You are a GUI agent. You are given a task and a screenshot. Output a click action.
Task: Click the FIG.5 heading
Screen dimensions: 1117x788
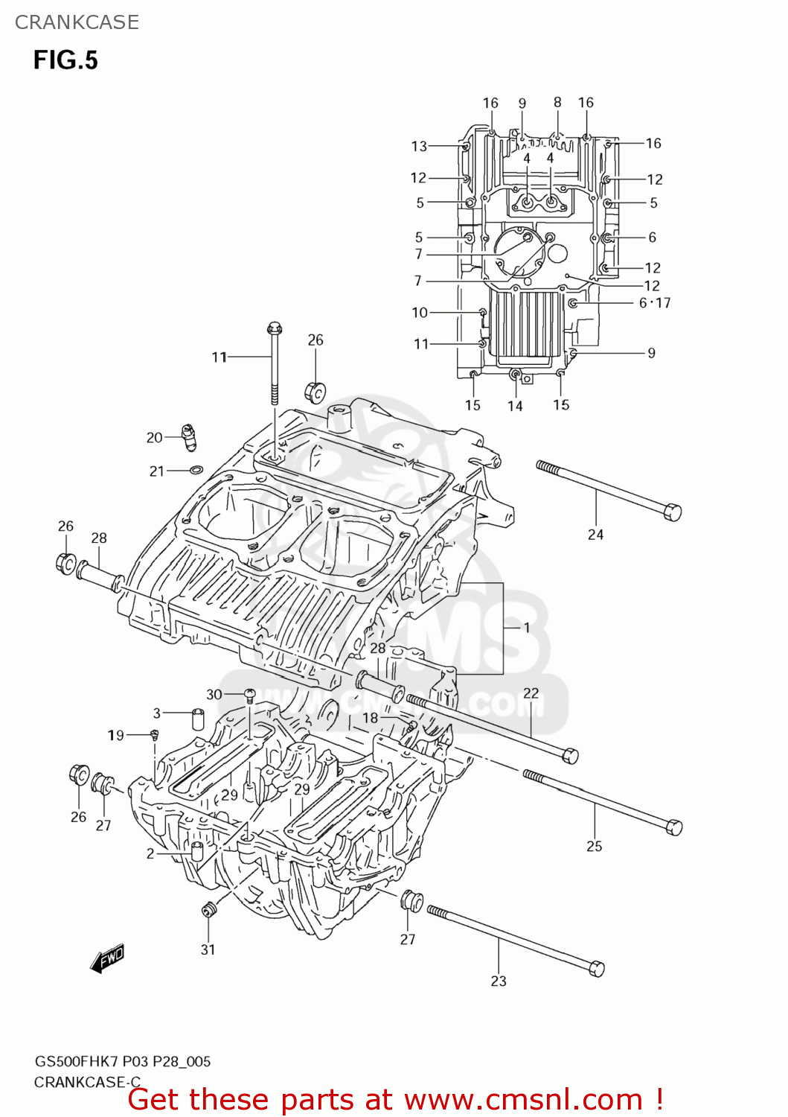pos(65,60)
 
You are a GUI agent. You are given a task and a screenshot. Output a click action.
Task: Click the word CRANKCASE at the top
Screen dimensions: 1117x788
pos(77,22)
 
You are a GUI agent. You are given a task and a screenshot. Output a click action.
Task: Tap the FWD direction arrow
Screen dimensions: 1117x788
pos(108,958)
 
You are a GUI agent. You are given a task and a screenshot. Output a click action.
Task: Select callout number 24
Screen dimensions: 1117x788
pos(595,535)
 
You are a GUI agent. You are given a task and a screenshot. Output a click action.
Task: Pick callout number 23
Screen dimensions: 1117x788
pos(499,981)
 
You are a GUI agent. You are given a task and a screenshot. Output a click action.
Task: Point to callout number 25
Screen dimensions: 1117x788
pos(594,846)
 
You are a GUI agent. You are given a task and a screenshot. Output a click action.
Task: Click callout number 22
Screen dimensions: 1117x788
pos(531,693)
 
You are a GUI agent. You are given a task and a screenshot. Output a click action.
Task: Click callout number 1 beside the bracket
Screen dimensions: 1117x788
pos(527,628)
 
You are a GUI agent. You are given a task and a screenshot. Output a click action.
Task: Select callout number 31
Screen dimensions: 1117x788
pos(208,949)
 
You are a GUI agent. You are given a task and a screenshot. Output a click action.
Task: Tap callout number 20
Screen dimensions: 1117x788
pos(154,438)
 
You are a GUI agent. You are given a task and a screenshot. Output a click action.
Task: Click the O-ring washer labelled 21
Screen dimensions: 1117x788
pos(196,471)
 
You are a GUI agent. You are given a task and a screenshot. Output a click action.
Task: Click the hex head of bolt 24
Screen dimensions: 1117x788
pos(672,512)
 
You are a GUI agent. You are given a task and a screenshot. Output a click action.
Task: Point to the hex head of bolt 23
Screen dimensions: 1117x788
pos(597,969)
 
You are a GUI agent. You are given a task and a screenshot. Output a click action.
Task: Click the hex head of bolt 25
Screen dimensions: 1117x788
pos(673,827)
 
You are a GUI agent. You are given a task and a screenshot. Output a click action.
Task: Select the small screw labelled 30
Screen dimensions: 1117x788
pos(250,696)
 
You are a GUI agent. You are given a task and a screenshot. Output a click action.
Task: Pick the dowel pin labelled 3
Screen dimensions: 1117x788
pos(198,719)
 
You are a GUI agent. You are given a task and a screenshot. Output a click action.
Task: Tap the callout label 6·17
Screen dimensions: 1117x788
pos(655,303)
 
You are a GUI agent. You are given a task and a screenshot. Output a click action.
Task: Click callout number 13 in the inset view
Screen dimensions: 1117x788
pos(419,147)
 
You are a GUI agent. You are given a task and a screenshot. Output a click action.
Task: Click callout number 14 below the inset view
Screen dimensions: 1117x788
pos(515,406)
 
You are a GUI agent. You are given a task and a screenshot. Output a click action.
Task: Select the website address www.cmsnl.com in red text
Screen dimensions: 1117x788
pos(523,1100)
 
